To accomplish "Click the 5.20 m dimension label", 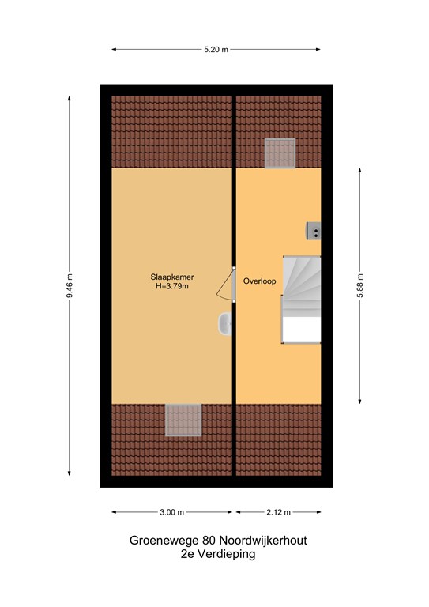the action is tap(216, 50).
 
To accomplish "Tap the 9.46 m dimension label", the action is tap(70, 285).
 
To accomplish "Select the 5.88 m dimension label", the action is tap(360, 285).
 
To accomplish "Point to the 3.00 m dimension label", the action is tap(171, 512).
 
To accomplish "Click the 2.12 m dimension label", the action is tap(278, 512).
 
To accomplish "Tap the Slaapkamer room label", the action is tap(172, 277).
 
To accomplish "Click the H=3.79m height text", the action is tap(171, 286).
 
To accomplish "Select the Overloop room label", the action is tap(260, 281).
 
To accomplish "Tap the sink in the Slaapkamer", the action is tap(224, 324).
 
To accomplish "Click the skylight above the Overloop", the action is tap(280, 153).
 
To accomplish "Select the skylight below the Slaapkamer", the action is tap(184, 420).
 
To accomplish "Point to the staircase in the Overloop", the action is tap(302, 286).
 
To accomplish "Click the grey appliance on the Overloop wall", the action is tap(314, 231).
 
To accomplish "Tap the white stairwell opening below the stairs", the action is tap(301, 330).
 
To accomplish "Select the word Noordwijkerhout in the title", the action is tap(263, 541).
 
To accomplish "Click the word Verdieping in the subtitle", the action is tap(226, 554).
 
